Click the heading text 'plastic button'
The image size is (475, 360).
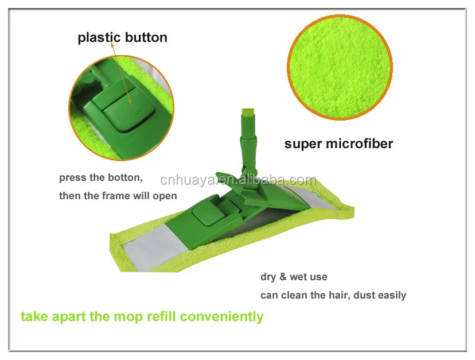pos(123,38)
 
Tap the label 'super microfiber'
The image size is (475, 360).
pos(338,143)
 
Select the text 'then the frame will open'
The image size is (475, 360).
pos(118,196)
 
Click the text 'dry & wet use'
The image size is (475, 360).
pos(294,277)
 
